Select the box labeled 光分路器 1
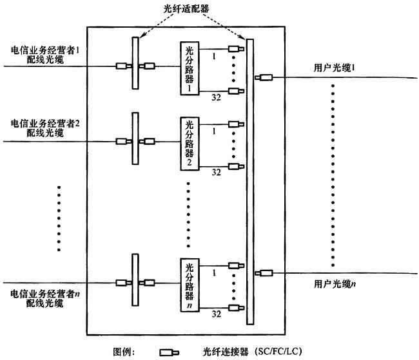(189, 69)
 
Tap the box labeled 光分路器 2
(189, 144)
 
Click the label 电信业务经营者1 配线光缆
(44, 54)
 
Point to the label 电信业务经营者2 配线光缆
(44, 127)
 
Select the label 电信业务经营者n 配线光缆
(44, 298)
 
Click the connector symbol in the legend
(169, 352)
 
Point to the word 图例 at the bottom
(123, 352)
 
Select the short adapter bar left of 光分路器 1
(135, 63)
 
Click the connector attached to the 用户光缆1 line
(264, 79)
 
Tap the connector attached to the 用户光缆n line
(264, 274)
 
